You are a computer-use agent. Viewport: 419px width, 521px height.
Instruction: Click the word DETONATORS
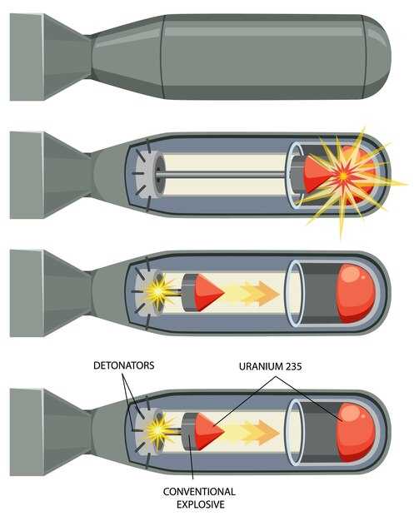(x=124, y=365)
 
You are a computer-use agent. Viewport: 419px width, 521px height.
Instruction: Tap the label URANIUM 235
(x=271, y=366)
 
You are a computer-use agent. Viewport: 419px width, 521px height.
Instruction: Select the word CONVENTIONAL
(x=199, y=491)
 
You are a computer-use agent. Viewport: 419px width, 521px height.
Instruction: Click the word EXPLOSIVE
(x=200, y=504)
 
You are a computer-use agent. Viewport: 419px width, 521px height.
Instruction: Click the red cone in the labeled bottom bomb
(x=209, y=432)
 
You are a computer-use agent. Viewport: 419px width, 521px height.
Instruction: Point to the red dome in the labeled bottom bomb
(x=356, y=432)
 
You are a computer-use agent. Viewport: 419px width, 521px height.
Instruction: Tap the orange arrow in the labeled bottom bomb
(x=259, y=432)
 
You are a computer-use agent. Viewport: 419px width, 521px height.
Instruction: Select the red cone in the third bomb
(x=209, y=293)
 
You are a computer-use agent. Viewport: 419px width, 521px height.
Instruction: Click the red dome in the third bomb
(x=356, y=294)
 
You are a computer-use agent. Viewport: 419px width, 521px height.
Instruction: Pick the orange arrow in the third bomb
(x=259, y=294)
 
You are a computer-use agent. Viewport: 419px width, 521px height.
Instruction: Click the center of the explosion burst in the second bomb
(x=343, y=176)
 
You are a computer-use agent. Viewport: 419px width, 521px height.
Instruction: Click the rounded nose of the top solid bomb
(x=377, y=57)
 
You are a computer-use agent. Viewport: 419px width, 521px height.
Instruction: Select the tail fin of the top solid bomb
(x=50, y=57)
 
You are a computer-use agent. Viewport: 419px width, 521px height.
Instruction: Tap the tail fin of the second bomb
(x=50, y=175)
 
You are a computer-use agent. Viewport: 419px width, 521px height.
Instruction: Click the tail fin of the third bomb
(x=50, y=294)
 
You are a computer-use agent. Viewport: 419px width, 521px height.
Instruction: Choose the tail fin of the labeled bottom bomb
(x=50, y=432)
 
